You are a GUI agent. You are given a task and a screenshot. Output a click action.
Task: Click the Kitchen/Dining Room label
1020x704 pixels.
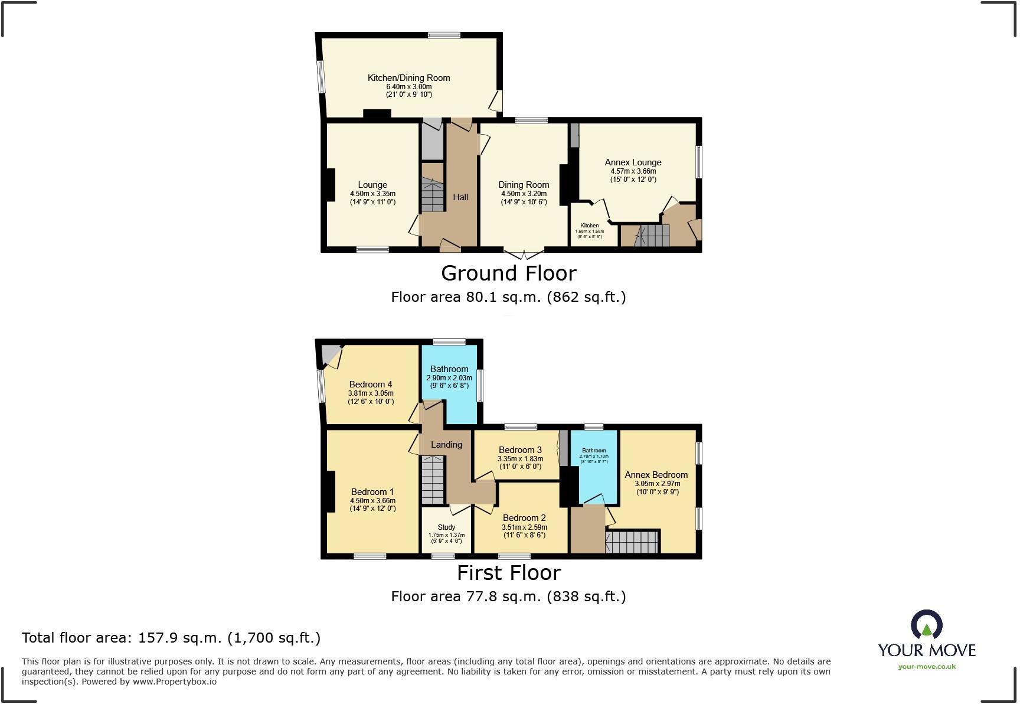(408, 78)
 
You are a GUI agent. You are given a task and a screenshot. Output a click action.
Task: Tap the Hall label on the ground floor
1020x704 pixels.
(460, 197)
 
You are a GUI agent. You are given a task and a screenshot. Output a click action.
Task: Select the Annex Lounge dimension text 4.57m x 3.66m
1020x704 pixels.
(633, 171)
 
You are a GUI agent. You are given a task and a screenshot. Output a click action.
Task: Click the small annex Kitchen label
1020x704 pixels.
(589, 226)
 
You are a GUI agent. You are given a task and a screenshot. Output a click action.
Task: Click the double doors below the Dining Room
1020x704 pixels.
(524, 255)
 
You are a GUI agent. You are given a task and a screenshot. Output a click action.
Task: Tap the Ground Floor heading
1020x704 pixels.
(508, 273)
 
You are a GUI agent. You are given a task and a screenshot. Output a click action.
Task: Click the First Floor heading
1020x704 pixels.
(508, 573)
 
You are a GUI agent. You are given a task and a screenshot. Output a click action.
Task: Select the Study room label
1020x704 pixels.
(446, 527)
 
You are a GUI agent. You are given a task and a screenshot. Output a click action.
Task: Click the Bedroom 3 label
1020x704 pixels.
(520, 450)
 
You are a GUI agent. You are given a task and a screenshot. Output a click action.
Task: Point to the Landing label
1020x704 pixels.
(446, 445)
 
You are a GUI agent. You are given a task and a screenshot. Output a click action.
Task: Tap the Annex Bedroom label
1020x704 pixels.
(656, 475)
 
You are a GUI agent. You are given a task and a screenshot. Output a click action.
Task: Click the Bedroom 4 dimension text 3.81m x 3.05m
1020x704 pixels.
(371, 393)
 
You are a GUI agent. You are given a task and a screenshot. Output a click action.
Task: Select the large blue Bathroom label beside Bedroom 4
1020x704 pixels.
(449, 369)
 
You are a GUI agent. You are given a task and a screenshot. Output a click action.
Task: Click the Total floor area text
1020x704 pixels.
(171, 638)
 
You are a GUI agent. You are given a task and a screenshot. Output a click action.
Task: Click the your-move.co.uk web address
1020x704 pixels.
(927, 667)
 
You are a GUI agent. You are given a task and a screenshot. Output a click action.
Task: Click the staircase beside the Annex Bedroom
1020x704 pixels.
(632, 542)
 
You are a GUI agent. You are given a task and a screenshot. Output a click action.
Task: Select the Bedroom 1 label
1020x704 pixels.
(372, 492)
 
